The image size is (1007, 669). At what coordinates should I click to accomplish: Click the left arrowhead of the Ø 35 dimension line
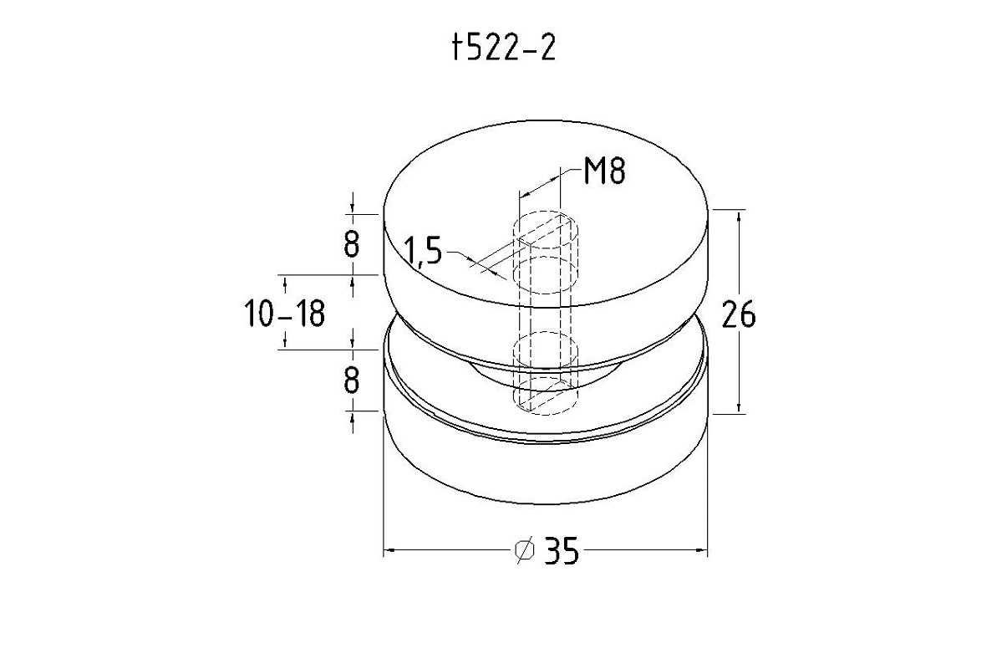389,549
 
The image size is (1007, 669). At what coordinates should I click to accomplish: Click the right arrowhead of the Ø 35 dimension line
702,549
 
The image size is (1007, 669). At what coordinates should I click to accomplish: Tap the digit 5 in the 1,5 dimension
433,251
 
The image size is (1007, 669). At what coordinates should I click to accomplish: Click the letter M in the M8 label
595,171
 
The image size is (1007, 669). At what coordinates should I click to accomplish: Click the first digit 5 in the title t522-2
473,49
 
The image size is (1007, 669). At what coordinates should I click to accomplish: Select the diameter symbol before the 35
525,549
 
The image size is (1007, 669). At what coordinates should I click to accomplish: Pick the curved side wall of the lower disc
546,468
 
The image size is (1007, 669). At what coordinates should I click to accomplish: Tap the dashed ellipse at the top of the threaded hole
546,229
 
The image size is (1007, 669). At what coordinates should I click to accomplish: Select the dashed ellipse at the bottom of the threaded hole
546,396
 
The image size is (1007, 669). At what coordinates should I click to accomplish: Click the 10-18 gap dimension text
285,314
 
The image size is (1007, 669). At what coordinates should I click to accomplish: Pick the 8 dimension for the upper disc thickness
352,245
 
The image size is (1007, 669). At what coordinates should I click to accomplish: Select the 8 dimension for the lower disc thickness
352,380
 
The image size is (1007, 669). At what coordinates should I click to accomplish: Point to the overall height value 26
739,314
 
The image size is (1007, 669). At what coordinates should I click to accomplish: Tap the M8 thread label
605,171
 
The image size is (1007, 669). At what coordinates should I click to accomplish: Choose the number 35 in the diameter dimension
562,551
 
